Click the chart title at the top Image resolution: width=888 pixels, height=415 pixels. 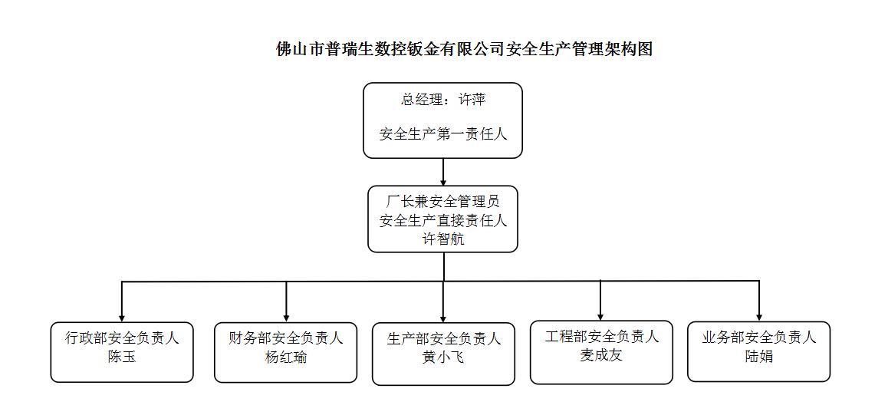(x=465, y=49)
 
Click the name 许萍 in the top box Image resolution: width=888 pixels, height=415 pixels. (x=472, y=100)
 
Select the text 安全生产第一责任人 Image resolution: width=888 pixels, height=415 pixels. (x=443, y=135)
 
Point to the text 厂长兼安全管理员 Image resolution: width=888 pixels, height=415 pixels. (x=443, y=202)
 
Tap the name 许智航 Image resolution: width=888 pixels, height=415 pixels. (x=443, y=239)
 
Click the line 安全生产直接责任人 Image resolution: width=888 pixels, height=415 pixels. (x=443, y=221)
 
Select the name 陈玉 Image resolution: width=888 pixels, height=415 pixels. (x=122, y=357)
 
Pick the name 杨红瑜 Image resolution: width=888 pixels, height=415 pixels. (x=286, y=357)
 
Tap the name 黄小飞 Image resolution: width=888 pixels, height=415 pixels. (x=443, y=358)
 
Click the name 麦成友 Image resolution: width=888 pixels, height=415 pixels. (x=601, y=356)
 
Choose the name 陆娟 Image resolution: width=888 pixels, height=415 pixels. (x=759, y=357)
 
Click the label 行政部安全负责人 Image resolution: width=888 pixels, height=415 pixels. (x=122, y=338)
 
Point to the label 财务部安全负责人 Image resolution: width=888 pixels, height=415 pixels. (x=286, y=338)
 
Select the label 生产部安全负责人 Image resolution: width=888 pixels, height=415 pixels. (x=443, y=340)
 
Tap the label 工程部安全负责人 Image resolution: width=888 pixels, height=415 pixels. (x=601, y=337)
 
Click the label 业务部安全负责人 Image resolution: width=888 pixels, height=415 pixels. (x=759, y=338)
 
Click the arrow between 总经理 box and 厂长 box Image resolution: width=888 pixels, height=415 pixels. (x=443, y=172)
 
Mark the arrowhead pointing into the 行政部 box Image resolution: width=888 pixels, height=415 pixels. (x=122, y=318)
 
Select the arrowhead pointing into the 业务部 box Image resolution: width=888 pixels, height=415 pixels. (x=759, y=317)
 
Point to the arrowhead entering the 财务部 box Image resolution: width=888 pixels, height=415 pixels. (x=286, y=318)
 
